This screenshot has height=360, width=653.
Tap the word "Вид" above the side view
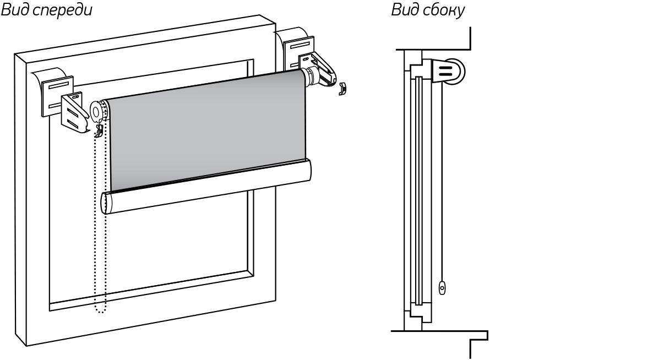[x=404, y=11]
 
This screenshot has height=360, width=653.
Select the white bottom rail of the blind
[x=209, y=187]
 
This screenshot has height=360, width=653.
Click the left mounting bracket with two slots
[x=74, y=113]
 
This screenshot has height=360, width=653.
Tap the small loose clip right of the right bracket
[x=343, y=88]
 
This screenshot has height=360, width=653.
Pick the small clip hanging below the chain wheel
[x=100, y=130]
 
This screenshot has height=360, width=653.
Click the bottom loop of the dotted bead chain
[x=100, y=311]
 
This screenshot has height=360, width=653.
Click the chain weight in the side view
[x=442, y=287]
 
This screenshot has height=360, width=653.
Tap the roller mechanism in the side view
[x=451, y=70]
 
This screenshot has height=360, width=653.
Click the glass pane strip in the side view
[x=420, y=193]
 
